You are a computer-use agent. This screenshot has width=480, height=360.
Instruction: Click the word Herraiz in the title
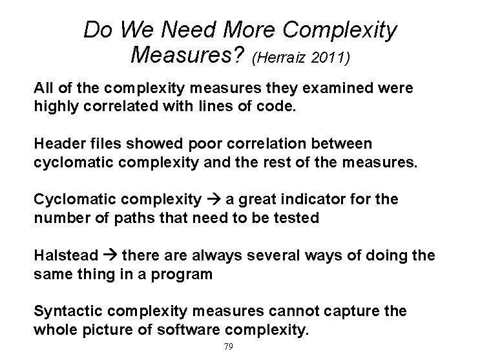tap(280, 59)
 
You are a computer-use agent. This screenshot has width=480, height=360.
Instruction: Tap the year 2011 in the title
tap(330, 59)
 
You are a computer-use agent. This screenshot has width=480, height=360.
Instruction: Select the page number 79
tap(227, 347)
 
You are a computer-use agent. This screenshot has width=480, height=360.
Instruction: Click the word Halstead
tap(67, 256)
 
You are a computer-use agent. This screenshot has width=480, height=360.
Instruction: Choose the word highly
tap(56, 105)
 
